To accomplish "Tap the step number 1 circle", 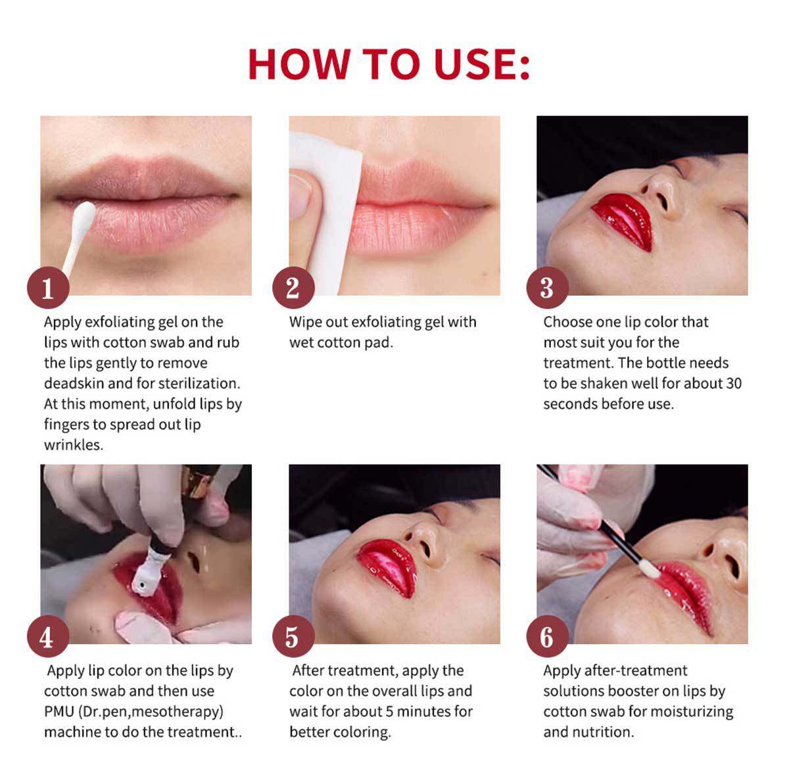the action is click(48, 288).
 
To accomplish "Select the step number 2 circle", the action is click(293, 288).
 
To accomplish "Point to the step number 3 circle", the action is click(547, 288).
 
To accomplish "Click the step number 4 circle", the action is click(48, 636).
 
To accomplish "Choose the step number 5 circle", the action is click(293, 636).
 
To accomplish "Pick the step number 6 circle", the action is click(547, 636).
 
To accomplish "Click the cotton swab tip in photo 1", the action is click(84, 216).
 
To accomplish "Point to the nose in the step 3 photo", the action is click(659, 191).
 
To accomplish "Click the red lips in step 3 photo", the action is click(623, 221).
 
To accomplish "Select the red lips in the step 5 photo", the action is click(387, 567).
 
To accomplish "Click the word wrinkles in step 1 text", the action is click(74, 444).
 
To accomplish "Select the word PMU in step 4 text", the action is click(59, 711).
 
